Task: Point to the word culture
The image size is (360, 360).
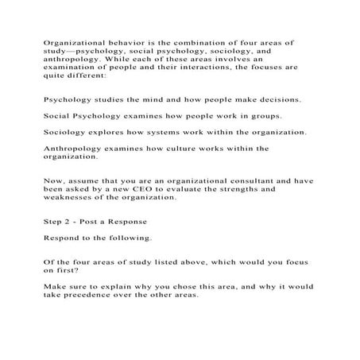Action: pos(191,148)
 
